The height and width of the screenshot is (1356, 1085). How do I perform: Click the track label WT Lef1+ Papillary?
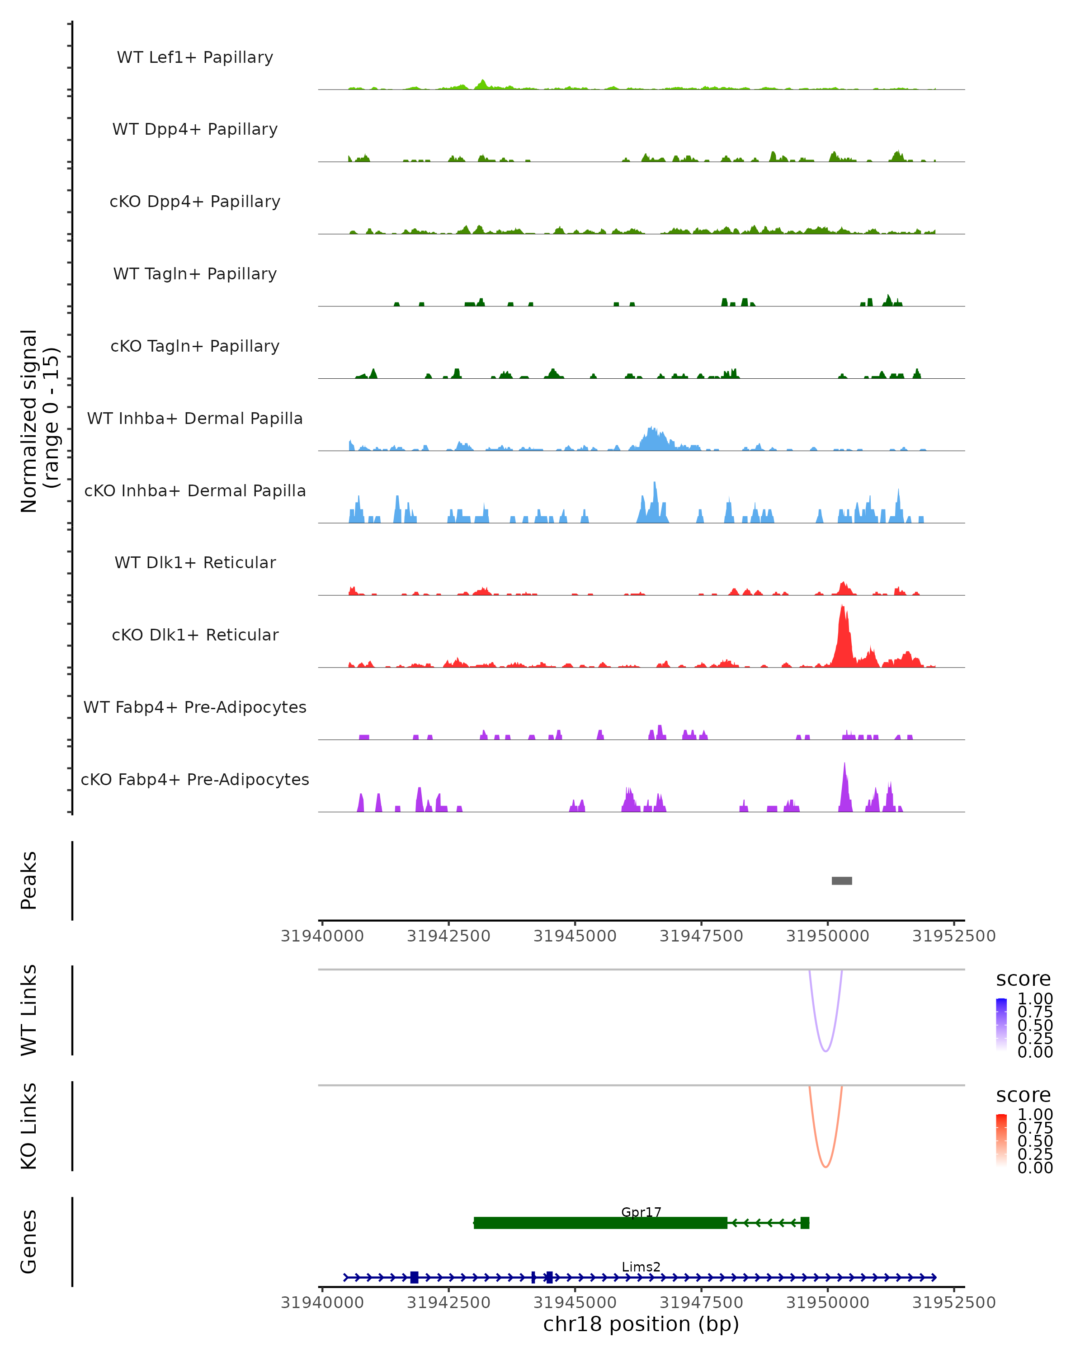point(195,57)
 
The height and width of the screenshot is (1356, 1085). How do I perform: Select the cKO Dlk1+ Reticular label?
point(195,635)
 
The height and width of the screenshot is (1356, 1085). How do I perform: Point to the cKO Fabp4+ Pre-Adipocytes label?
point(195,780)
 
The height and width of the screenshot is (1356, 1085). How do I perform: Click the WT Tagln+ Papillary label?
point(195,274)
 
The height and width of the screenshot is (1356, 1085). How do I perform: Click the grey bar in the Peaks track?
point(842,881)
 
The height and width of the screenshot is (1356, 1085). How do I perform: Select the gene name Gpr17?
point(641,1212)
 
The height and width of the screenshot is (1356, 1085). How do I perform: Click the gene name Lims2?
point(641,1267)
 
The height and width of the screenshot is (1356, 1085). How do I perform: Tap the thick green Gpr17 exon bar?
point(601,1223)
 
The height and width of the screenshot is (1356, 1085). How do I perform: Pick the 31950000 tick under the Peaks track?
point(828,936)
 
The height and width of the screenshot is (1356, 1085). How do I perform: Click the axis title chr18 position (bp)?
point(641,1324)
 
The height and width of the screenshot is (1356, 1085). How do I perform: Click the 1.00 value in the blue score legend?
point(1035,999)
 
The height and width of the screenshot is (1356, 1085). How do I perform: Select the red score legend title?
point(1024,1095)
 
